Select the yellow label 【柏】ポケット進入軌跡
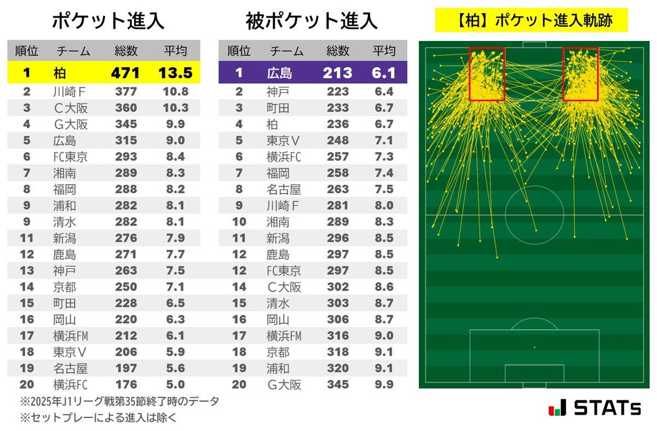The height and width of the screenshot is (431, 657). [531, 21]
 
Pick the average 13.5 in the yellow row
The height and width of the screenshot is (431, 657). [175, 73]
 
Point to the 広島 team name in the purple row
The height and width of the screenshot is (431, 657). [280, 73]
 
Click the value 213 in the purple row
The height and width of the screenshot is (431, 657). [337, 73]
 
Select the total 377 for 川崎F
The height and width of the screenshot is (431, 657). [126, 92]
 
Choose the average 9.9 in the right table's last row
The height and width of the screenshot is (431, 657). [383, 385]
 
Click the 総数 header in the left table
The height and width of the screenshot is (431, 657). [126, 51]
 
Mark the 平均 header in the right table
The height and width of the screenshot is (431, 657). [383, 51]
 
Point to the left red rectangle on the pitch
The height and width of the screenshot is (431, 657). [487, 74]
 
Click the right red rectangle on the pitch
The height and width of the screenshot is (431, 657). [580, 74]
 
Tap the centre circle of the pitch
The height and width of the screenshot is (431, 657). [534, 215]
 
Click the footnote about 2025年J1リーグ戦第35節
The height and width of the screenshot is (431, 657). [119, 401]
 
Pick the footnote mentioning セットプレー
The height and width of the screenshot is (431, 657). [99, 418]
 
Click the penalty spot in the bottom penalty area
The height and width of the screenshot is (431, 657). [534, 347]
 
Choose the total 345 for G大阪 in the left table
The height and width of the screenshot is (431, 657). [126, 125]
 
